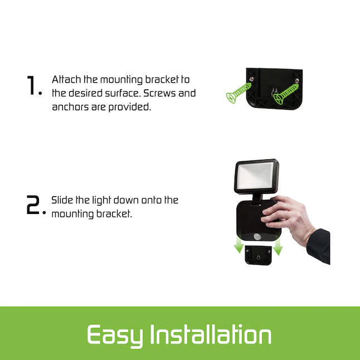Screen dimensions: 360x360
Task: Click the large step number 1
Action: pyautogui.click(x=31, y=85)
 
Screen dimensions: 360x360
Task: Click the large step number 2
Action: pyautogui.click(x=33, y=205)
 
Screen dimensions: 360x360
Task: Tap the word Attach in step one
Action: pyautogui.click(x=66, y=80)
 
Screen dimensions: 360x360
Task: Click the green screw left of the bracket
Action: pyautogui.click(x=239, y=93)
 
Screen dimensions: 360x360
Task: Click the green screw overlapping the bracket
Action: pyautogui.click(x=286, y=94)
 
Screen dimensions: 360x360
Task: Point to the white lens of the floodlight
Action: pyautogui.click(x=255, y=176)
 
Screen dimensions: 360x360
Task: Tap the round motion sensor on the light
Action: pyautogui.click(x=257, y=236)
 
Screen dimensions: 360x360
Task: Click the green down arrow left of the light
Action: pyautogui.click(x=239, y=246)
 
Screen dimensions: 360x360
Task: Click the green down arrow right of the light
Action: pyautogui.click(x=278, y=247)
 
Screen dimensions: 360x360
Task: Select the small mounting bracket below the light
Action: pyautogui.click(x=259, y=255)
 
